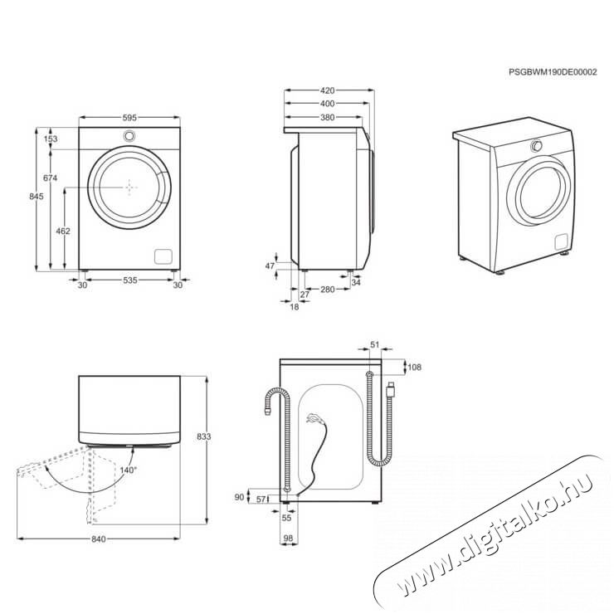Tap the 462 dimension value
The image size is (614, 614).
pos(62,231)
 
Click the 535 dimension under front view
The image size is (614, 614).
pos(129,282)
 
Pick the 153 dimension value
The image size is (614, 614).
pos(51,139)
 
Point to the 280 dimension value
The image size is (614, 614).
pos(327,290)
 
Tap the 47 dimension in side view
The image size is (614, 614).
pos(269,266)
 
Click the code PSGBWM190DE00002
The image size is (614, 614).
pos(553,72)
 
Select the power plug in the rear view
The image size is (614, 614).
pos(390,386)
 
